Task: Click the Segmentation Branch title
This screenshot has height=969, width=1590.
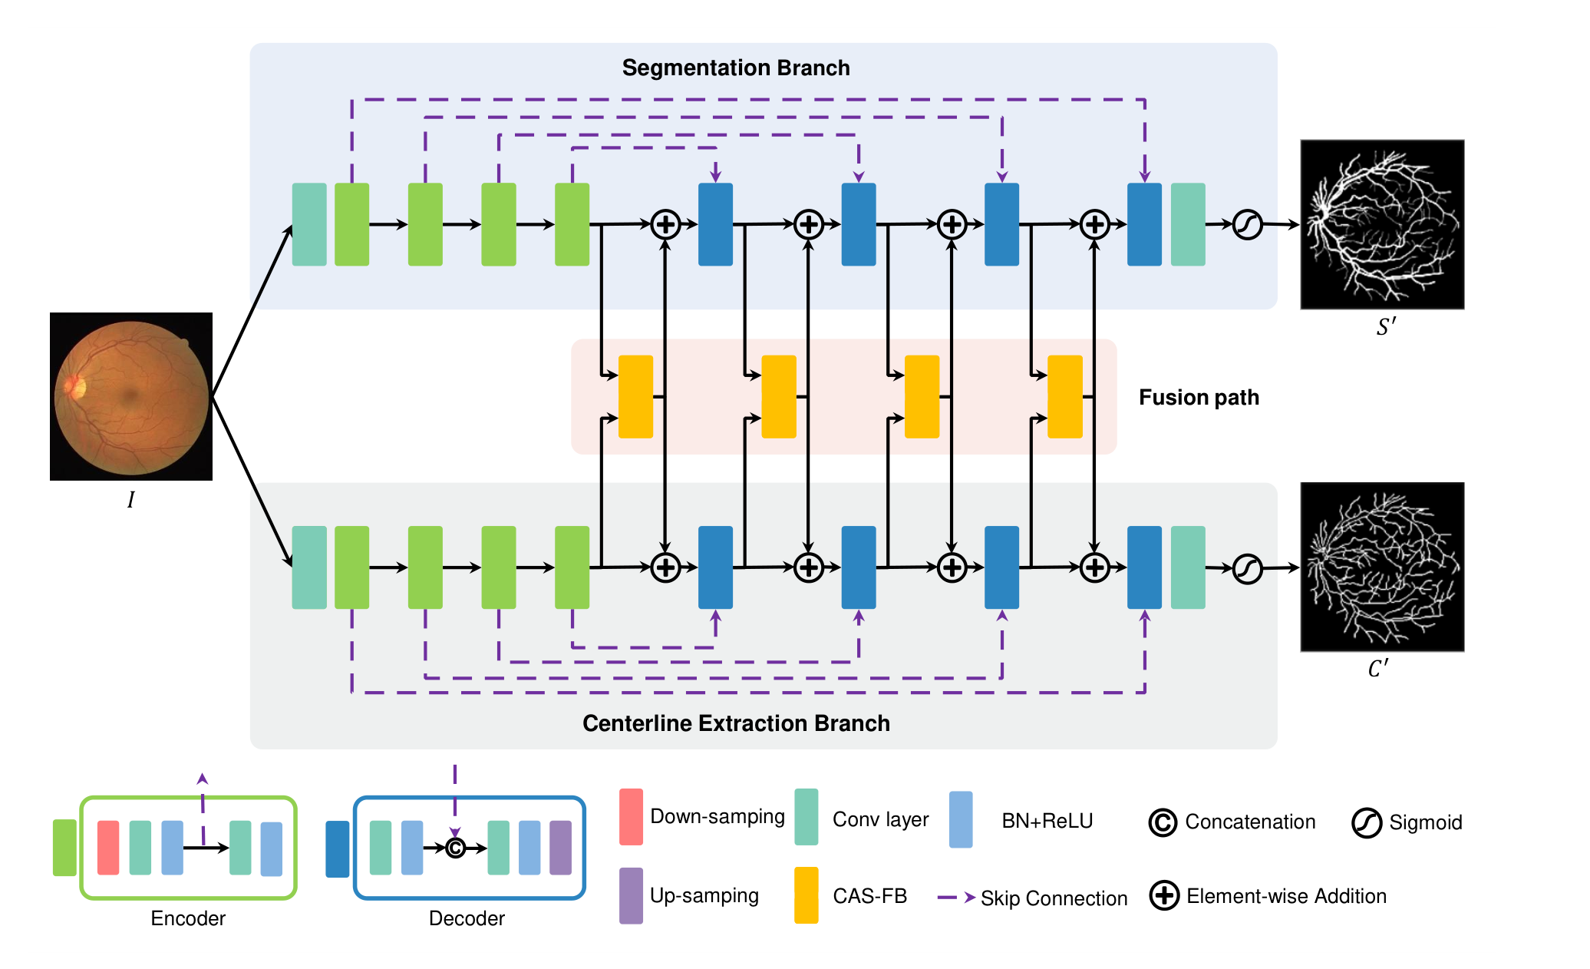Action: click(736, 68)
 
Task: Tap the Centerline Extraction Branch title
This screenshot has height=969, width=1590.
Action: click(736, 723)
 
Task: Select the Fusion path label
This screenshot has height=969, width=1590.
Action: click(1199, 397)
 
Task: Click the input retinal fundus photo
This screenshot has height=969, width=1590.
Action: click(131, 396)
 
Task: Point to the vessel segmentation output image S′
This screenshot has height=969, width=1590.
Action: click(1382, 224)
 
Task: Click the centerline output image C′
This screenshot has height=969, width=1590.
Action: click(1382, 567)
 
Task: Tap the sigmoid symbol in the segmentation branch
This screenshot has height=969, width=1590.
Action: click(1248, 224)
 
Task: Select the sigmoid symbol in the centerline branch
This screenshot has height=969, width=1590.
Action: click(1248, 568)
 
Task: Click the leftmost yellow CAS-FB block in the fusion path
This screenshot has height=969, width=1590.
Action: click(635, 396)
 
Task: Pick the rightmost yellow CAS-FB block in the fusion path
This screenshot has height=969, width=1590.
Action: click(1065, 396)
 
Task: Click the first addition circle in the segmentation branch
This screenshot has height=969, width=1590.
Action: click(665, 224)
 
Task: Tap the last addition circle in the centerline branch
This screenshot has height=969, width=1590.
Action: click(1095, 567)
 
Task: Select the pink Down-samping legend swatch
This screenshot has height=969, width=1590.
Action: click(631, 817)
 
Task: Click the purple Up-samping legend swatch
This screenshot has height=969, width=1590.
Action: click(631, 895)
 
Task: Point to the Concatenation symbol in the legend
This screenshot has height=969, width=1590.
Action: click(1163, 822)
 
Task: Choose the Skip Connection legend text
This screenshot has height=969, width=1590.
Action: click(1054, 898)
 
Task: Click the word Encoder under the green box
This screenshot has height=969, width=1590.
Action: click(188, 918)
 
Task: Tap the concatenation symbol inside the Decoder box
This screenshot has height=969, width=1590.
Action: click(455, 848)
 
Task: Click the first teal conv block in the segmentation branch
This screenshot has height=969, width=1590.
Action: click(309, 224)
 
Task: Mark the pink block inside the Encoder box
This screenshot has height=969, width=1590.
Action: click(108, 848)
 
